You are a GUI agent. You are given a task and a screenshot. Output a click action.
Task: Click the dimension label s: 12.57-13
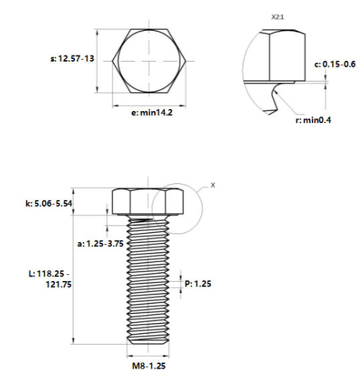(x=72, y=59)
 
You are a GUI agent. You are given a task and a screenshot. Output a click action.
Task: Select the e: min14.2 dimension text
(x=152, y=112)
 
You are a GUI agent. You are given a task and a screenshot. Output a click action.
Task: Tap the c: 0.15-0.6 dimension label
(x=335, y=64)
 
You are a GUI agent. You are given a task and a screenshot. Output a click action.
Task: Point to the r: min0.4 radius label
(x=313, y=120)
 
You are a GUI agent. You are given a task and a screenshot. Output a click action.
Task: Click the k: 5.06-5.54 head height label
(x=49, y=203)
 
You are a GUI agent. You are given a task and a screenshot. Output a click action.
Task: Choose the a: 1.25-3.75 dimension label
(x=100, y=244)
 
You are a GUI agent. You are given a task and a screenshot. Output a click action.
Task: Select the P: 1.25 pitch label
(x=198, y=284)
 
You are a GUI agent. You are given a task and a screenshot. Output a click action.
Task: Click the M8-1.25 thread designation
(x=149, y=365)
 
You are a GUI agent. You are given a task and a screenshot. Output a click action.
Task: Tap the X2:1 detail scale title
(x=278, y=17)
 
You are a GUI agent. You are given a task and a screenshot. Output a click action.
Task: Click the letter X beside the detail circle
(x=213, y=185)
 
